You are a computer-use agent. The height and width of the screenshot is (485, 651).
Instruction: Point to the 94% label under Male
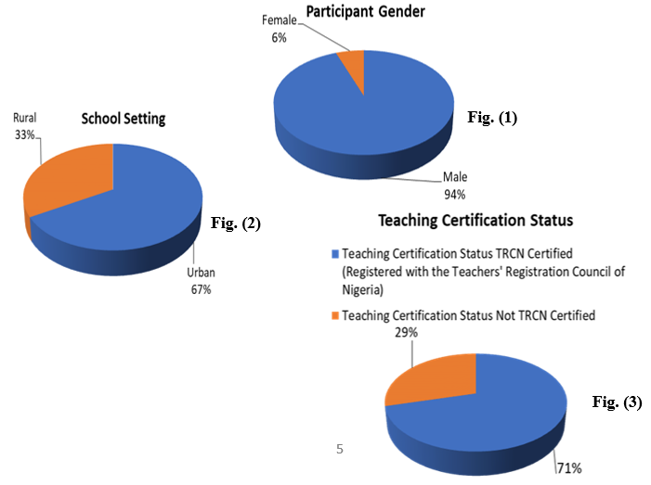[x=454, y=195]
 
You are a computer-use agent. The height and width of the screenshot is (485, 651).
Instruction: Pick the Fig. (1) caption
[x=491, y=118]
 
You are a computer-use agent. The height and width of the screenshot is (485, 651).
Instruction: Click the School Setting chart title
[x=123, y=118]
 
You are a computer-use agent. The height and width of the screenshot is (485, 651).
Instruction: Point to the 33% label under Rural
[x=24, y=134]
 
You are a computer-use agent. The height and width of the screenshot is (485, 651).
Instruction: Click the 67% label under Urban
[x=202, y=290]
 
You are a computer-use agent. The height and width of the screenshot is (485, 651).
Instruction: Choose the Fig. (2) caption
[x=237, y=223]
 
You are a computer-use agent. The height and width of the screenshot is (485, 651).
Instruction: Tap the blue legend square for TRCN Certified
[x=335, y=253]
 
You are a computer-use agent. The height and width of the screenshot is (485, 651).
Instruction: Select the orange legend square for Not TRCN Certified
[x=335, y=316]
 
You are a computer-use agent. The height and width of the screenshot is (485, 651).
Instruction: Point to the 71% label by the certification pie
[x=570, y=468]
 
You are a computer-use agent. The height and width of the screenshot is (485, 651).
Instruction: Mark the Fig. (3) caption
[x=617, y=402]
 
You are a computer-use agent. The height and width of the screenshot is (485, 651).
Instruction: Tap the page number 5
[x=340, y=449]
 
